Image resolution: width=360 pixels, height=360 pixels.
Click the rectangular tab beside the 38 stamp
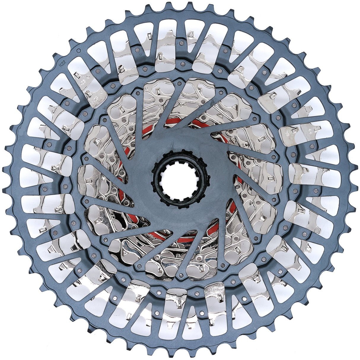point(294,130)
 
